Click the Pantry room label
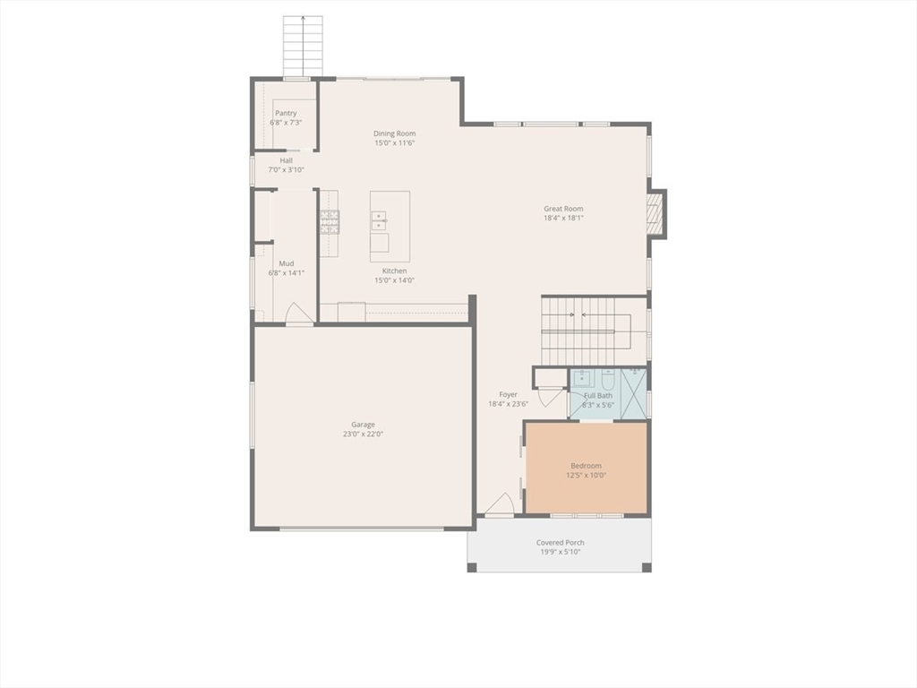[x=286, y=113]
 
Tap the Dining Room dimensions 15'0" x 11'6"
[x=395, y=143]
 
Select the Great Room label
[x=563, y=209]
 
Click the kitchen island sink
[x=379, y=220]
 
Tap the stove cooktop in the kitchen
[x=330, y=221]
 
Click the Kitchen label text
[x=394, y=271]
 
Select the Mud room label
[x=286, y=263]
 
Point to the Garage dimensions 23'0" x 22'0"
[x=363, y=434]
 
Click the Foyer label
[x=508, y=394]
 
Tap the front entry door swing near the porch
[x=501, y=505]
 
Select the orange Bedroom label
[x=587, y=466]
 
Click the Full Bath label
[x=598, y=395]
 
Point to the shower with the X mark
[x=632, y=392]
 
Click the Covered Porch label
[x=560, y=542]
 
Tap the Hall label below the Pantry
[x=286, y=160]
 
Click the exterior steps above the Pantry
[x=303, y=47]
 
